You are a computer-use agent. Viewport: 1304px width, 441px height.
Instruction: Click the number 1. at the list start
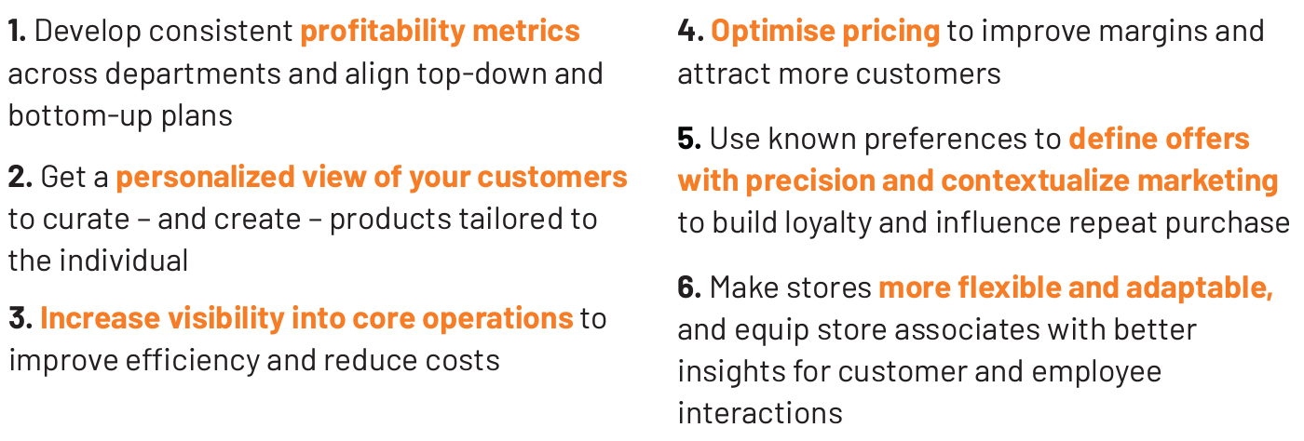pyautogui.click(x=17, y=31)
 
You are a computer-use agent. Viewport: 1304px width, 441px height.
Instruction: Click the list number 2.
pyautogui.click(x=20, y=177)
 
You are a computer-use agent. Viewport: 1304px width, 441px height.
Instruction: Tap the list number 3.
pyautogui.click(x=20, y=318)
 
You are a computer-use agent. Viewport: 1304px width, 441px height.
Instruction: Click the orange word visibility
pyautogui.click(x=225, y=319)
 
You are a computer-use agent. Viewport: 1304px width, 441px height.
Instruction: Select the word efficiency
pyautogui.click(x=193, y=361)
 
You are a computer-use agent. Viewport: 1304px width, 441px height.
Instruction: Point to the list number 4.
pyautogui.click(x=691, y=31)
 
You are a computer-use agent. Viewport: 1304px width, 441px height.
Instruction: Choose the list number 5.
pyautogui.click(x=689, y=139)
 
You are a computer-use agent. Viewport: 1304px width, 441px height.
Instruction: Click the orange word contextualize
pyautogui.click(x=1036, y=180)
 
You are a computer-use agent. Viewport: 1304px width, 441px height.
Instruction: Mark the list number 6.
pyautogui.click(x=689, y=287)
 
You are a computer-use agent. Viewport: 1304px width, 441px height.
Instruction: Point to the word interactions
pyautogui.click(x=760, y=414)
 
